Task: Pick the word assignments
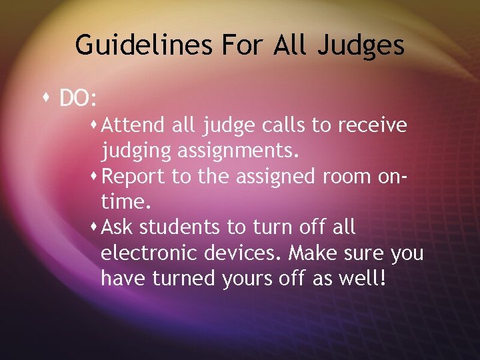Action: point(238,151)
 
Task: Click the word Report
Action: point(135,177)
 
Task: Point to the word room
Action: point(346,177)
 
